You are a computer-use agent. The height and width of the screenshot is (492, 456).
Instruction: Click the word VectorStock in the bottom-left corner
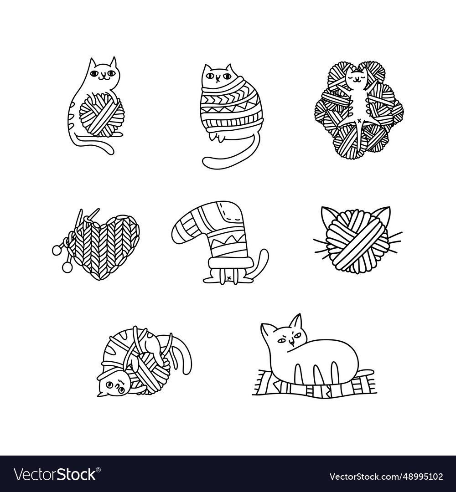pos(55,474)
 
